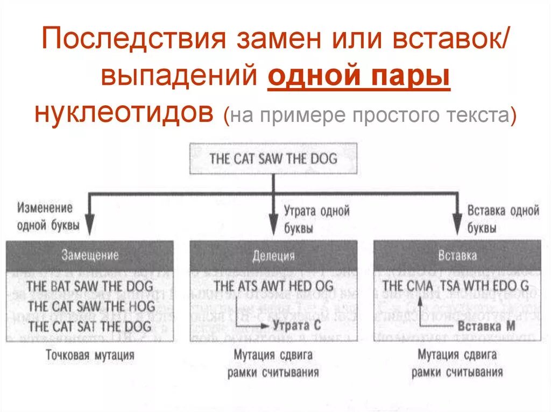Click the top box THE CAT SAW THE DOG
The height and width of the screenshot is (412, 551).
[x=273, y=158]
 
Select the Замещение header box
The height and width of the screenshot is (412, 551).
[x=90, y=255]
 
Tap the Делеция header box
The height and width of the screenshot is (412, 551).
[x=273, y=255]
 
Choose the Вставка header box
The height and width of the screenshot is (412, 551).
[x=457, y=255]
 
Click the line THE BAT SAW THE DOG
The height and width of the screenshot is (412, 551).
[x=90, y=286]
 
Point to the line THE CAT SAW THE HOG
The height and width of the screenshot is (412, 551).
[x=90, y=306]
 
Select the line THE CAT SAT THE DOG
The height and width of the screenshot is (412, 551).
[x=90, y=326]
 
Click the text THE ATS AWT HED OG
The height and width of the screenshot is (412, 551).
[x=273, y=286]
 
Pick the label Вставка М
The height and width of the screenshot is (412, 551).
[x=480, y=326]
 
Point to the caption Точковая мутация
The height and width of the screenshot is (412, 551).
[x=90, y=355]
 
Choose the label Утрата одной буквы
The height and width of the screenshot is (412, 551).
[x=316, y=219]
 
